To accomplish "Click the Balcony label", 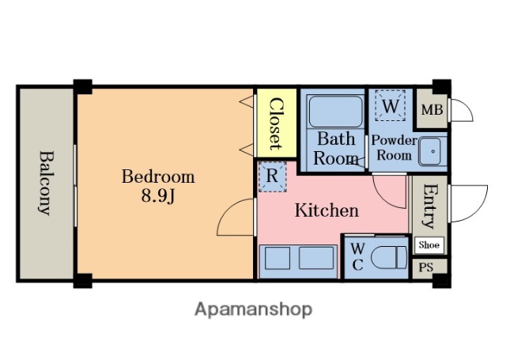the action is [x=46, y=183].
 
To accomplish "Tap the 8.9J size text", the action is [x=158, y=195].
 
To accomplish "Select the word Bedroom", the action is [x=158, y=176].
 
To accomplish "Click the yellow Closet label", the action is [x=276, y=123].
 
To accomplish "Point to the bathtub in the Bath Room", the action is [x=335, y=112].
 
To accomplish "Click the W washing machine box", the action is [x=390, y=105].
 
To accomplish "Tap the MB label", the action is [x=432, y=110].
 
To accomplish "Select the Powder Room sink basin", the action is [x=432, y=151].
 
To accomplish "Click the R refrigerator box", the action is [x=272, y=176].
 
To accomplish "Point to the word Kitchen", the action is [x=327, y=210].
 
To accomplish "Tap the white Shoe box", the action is [x=429, y=245].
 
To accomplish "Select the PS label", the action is [x=426, y=267].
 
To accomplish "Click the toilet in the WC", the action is [x=389, y=257].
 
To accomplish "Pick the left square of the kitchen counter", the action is [x=278, y=258].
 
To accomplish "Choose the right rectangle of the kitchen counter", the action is [x=316, y=258].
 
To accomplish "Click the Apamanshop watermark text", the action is [x=253, y=310].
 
